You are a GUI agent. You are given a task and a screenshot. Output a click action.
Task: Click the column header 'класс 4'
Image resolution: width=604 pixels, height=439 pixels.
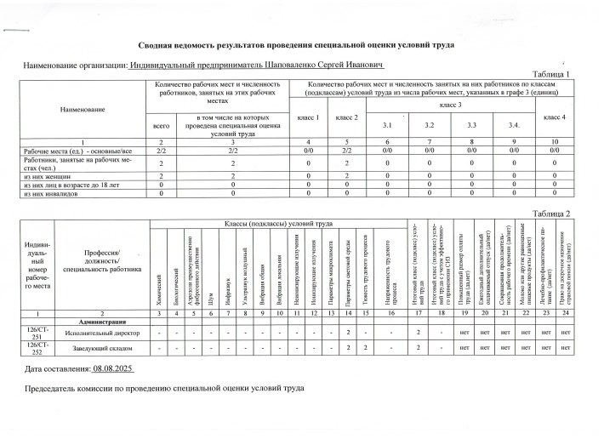pos(554,115)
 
